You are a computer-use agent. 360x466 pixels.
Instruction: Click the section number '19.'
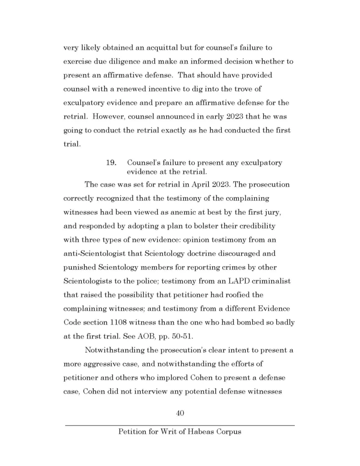[112, 162]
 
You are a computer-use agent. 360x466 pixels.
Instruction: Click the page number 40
[180, 413]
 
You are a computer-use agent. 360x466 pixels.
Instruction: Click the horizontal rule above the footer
[180, 425]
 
